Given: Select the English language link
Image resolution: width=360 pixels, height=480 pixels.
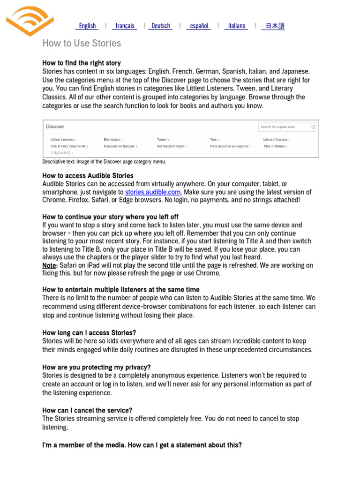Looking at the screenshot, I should point(87,26).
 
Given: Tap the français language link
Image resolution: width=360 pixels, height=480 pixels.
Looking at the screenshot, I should point(125,26).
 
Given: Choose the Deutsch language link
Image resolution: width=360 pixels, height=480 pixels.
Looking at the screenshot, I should point(161,26).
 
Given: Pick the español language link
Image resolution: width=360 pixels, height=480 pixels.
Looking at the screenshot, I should point(199,26).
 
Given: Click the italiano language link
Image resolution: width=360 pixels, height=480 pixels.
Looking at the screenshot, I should point(236,26).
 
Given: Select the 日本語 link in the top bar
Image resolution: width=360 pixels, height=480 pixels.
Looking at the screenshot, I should point(275,26).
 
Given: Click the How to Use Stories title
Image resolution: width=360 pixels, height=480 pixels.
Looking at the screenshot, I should point(82,43).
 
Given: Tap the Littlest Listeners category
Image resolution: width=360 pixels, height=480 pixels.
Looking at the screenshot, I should point(63,140).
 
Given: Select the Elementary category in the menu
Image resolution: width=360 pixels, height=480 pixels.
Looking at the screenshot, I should point(113,140).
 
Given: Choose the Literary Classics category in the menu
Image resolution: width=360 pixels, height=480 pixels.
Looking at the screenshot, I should point(276,140).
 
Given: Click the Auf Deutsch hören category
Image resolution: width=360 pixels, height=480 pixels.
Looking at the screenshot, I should point(171,146).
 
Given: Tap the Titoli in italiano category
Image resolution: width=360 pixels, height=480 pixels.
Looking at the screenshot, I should point(275,146).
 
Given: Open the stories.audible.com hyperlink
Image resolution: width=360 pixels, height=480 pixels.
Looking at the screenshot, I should point(152,192).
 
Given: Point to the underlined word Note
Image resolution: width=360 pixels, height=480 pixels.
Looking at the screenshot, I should point(49,265).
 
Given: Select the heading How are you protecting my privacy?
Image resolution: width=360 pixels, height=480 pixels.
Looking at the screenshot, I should point(97,367).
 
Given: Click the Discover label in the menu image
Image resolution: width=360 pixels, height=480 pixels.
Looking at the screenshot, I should point(55,127).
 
